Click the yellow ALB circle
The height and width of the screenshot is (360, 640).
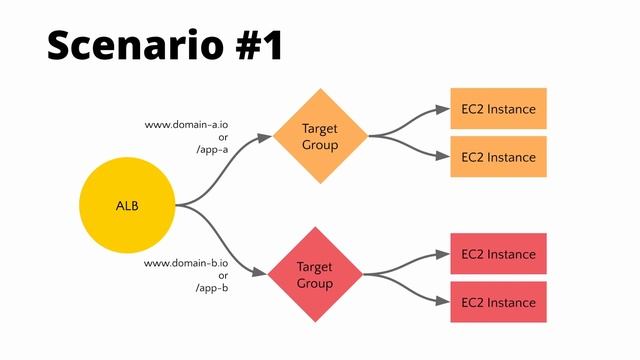pos(127,206)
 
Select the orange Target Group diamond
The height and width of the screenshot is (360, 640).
pos(320,136)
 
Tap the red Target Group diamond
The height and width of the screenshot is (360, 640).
pos(315,274)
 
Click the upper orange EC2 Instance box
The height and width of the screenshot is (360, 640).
pos(498,109)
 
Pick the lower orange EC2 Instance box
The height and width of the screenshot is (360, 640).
pos(498,157)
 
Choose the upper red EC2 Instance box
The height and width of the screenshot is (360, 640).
pos(498,254)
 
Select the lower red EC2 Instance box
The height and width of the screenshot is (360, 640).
pos(498,302)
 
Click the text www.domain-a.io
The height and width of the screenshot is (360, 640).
pos(187,125)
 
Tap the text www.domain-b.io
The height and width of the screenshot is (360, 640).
pos(187,263)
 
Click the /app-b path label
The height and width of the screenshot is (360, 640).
pos(211,288)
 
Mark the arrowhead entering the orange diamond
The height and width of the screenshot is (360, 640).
pos(265,137)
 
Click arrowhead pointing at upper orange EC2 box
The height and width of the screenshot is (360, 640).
pos(443,109)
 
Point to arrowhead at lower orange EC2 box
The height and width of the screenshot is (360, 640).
pos(443,157)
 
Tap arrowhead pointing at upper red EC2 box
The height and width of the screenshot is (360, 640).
pos(443,254)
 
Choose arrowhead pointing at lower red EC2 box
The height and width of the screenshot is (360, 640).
pos(443,302)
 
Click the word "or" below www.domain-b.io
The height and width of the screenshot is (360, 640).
pos(223,275)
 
